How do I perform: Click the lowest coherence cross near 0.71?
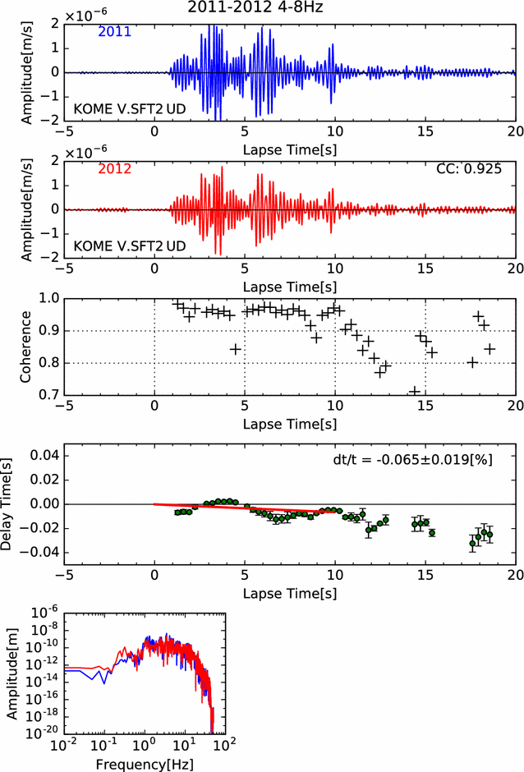(415, 392)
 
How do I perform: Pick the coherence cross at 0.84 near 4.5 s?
(235, 349)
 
